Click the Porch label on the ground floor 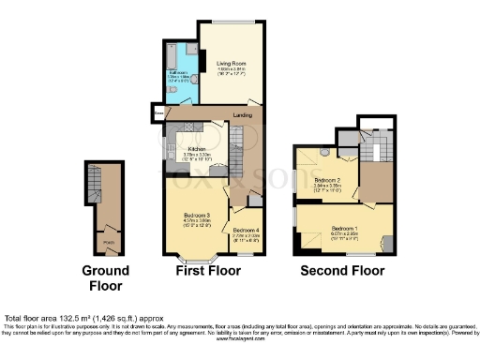tap(108, 241)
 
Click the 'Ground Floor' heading tap(104, 278)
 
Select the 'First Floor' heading tap(208, 271)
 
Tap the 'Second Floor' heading tap(342, 271)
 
